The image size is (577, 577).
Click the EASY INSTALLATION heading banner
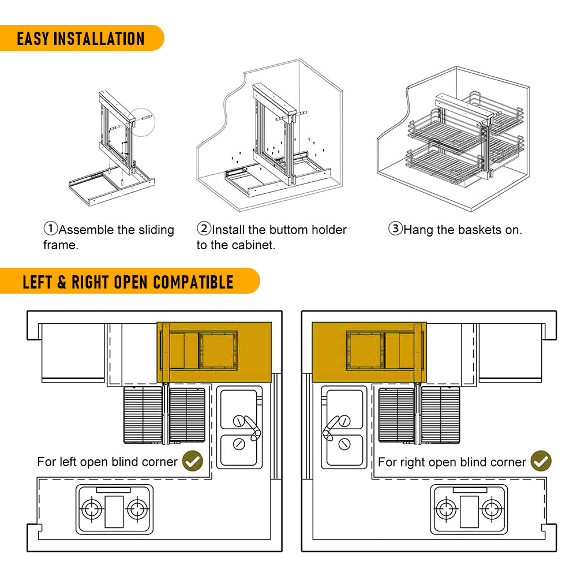81,39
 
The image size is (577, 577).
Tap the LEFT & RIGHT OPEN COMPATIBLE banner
128,282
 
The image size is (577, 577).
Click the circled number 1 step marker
51,229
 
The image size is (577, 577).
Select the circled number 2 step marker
204,229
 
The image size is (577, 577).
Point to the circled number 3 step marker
395,229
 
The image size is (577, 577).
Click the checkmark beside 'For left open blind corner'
192,461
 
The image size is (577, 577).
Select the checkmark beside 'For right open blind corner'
541,461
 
